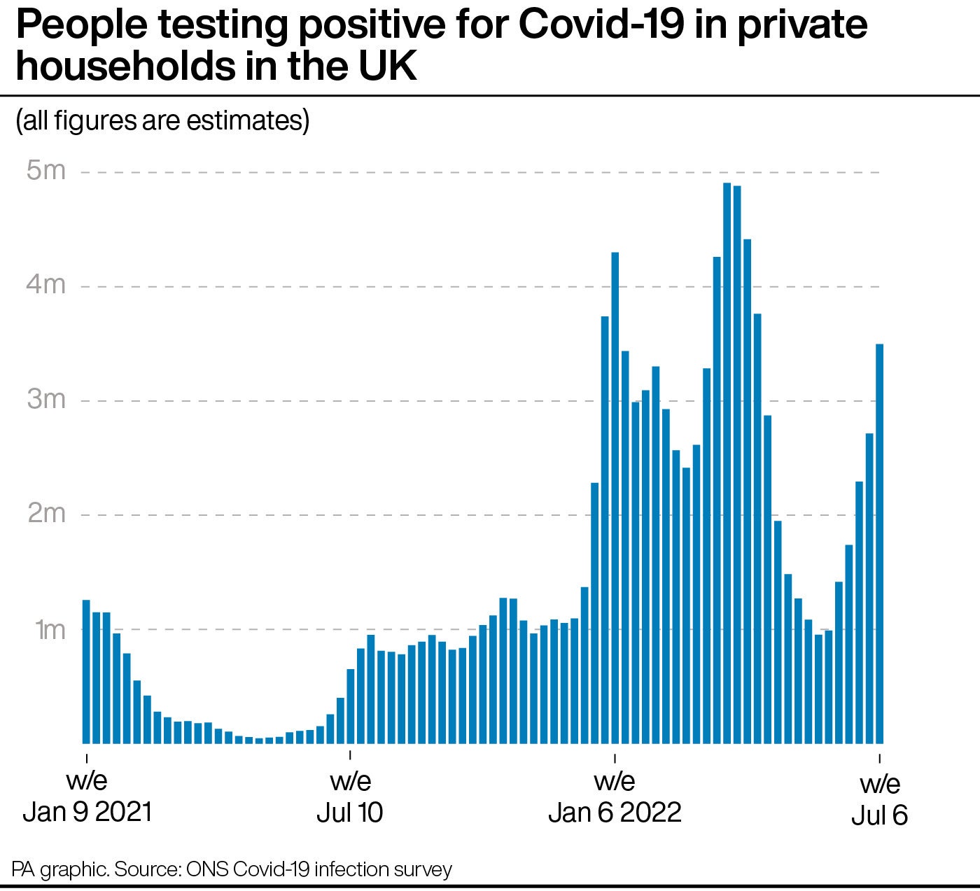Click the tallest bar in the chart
click(x=727, y=462)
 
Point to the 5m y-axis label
click(x=45, y=170)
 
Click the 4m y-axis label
click(x=45, y=284)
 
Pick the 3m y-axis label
click(x=45, y=399)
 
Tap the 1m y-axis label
click(x=49, y=629)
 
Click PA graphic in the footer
click(x=59, y=869)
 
